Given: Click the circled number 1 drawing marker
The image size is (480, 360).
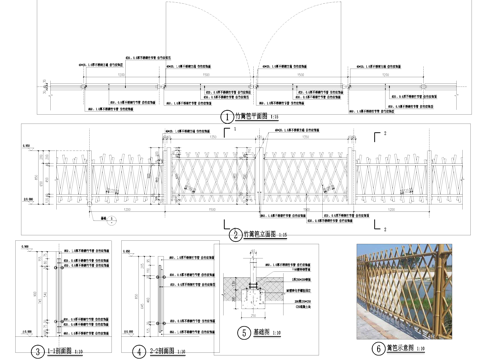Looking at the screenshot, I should (x=227, y=116).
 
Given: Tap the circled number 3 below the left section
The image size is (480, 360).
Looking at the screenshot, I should (x=37, y=351).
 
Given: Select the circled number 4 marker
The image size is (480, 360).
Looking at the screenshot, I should (x=139, y=351).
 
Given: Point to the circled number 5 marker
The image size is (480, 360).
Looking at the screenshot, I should (x=243, y=334).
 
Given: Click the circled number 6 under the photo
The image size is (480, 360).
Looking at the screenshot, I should (x=378, y=350).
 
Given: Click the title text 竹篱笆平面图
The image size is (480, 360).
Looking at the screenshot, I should (x=253, y=117).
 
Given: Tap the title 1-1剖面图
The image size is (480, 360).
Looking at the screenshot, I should (x=59, y=352).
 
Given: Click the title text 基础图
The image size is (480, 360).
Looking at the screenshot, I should (x=263, y=335).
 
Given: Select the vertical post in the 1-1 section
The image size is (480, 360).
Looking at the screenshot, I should (x=57, y=290).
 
